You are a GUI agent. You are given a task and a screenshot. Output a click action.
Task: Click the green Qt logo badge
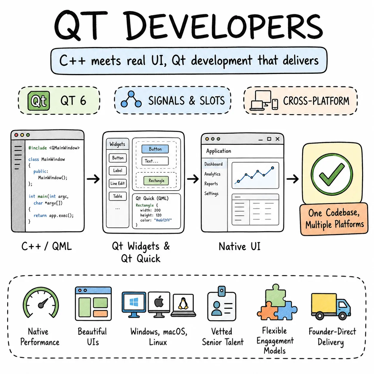[x=38, y=101]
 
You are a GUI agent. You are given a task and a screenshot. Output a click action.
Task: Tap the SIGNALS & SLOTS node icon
[x=131, y=99]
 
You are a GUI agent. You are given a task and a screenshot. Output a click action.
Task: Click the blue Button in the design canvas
[x=155, y=149]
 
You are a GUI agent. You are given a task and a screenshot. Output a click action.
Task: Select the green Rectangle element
[x=156, y=180]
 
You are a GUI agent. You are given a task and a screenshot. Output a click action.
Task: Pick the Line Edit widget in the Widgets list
[x=118, y=183]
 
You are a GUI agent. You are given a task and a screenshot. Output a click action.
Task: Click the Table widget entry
[x=118, y=196]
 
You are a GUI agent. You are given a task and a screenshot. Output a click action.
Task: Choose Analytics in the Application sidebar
[x=212, y=174]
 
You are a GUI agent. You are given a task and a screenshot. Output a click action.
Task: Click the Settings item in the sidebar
[x=211, y=194]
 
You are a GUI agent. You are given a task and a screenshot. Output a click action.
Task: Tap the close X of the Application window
[x=278, y=139]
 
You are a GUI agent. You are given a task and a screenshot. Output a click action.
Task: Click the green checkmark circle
[x=332, y=174]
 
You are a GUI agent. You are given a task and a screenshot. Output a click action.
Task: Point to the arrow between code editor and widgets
[x=93, y=179]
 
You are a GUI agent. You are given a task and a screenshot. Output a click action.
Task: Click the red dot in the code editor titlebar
[x=16, y=135]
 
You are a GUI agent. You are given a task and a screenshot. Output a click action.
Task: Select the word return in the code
[x=40, y=215]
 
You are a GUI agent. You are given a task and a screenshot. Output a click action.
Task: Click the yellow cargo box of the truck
[x=324, y=303]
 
